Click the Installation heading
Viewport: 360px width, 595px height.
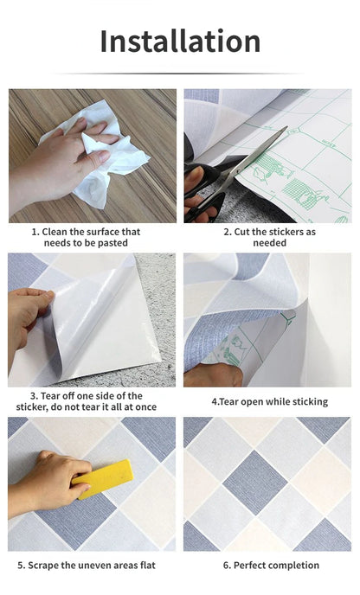(x=180, y=41)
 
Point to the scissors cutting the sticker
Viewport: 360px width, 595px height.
(x=242, y=169)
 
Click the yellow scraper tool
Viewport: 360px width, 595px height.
(x=101, y=478)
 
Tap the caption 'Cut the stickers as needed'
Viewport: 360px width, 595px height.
(x=269, y=238)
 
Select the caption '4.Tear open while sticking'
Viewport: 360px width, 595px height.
(x=269, y=401)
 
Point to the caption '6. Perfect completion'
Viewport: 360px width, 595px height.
(x=269, y=566)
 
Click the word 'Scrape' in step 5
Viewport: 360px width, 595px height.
(x=51, y=566)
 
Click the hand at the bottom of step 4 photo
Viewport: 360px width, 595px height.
(x=212, y=374)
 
